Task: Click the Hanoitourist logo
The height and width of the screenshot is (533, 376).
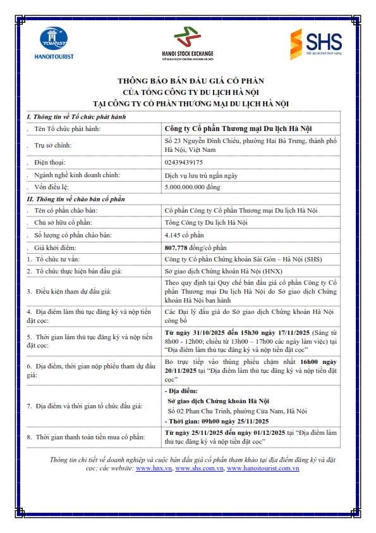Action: pyautogui.click(x=54, y=44)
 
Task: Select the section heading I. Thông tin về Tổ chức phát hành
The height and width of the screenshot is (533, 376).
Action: pyautogui.click(x=76, y=117)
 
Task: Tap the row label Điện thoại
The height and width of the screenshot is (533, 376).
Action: pyautogui.click(x=51, y=162)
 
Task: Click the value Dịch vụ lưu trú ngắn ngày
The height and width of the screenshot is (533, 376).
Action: pyautogui.click(x=200, y=175)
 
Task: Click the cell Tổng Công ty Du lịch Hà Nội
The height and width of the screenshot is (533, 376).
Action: pyautogui.click(x=205, y=222)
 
